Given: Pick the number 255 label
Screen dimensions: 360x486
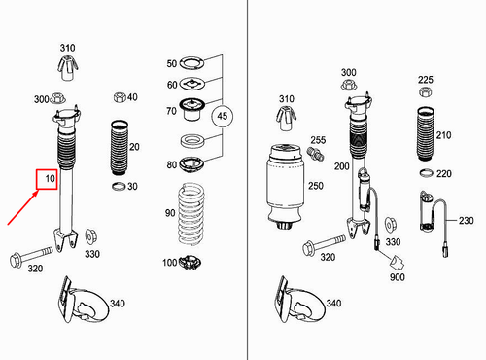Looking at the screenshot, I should (x=318, y=140).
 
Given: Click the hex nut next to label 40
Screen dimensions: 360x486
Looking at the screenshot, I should (x=119, y=97).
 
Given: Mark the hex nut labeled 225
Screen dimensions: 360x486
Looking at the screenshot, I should (x=425, y=97).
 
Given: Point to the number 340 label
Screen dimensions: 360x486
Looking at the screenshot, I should (x=119, y=305).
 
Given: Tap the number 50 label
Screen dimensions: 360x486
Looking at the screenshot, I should (x=172, y=63).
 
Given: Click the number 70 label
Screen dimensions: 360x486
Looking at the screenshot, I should (x=172, y=111).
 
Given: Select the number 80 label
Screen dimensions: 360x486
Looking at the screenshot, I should (x=172, y=163).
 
